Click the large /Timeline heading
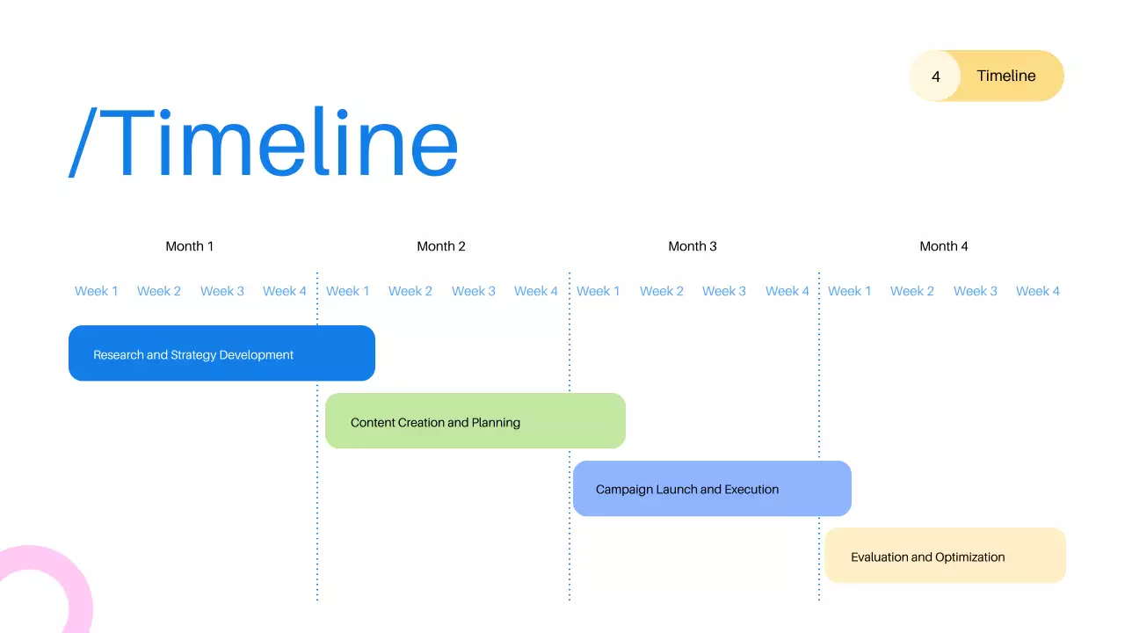[264, 143]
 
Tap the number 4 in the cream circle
[935, 76]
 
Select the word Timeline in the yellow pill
[1005, 76]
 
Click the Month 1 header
[189, 246]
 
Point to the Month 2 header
[440, 246]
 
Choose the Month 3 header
[692, 246]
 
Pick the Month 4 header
[943, 246]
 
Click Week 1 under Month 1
[96, 291]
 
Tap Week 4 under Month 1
[285, 291]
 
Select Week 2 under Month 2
[410, 291]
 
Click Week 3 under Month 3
[724, 291]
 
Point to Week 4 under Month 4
[1038, 291]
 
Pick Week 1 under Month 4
[850, 291]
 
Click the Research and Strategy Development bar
[221, 353]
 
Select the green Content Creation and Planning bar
[475, 421]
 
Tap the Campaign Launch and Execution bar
[712, 489]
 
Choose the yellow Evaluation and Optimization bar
[945, 556]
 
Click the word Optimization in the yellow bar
[970, 557]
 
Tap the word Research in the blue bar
[118, 355]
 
